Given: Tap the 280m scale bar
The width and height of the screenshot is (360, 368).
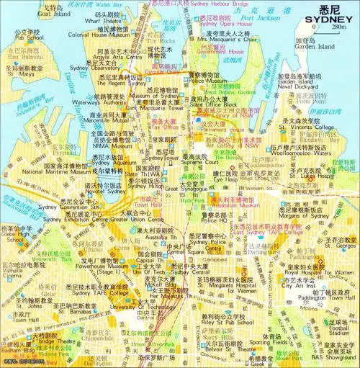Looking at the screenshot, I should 329,27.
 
